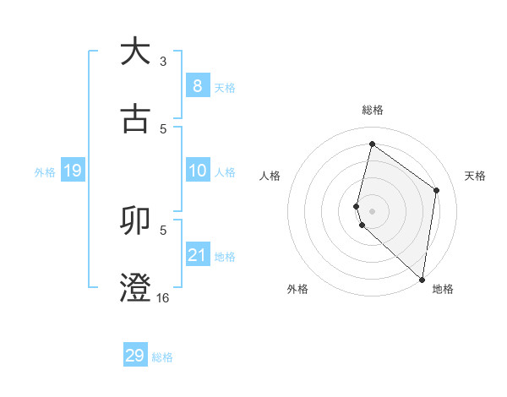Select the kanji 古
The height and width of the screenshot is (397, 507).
tap(135, 118)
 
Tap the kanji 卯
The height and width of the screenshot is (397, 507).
tap(135, 220)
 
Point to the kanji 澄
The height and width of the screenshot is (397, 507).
tap(135, 287)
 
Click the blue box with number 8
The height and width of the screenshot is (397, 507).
tap(197, 86)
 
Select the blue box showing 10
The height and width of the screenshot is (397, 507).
tap(197, 171)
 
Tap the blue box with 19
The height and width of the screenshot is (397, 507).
tap(73, 171)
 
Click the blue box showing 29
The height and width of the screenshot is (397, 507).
tap(135, 356)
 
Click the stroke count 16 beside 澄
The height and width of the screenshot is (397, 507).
tap(163, 297)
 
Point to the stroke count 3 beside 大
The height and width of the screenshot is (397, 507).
tap(163, 61)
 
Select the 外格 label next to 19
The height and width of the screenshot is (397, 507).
tap(45, 172)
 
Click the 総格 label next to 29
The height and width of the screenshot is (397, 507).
tap(162, 357)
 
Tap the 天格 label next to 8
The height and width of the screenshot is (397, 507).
tap(225, 87)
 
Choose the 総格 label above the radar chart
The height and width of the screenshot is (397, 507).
tap(372, 110)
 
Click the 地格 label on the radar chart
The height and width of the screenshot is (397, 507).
tap(443, 289)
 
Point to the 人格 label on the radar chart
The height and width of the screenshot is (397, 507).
tap(270, 176)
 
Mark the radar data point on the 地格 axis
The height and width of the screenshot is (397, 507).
tap(422, 279)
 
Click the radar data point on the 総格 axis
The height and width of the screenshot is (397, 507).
tap(372, 144)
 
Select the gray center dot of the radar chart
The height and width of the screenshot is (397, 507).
tap(372, 210)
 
